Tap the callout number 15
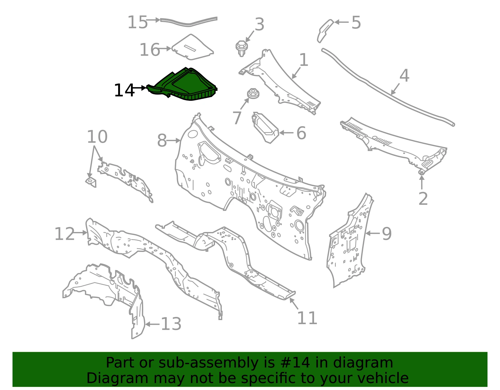click(x=137, y=22)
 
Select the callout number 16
click(x=150, y=50)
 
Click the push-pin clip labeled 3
click(x=241, y=48)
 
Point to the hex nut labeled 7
click(x=253, y=94)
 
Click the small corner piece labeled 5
click(x=325, y=31)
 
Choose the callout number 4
click(x=404, y=75)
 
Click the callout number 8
click(x=162, y=140)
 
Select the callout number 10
click(x=97, y=137)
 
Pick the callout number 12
click(x=65, y=234)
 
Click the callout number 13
click(x=171, y=324)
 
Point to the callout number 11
click(x=307, y=318)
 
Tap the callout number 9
click(x=387, y=234)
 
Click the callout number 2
click(x=423, y=199)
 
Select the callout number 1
click(x=304, y=60)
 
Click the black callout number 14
click(x=124, y=90)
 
